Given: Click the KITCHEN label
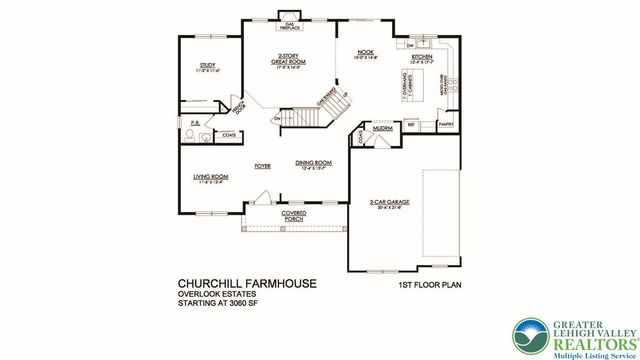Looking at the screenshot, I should click(x=423, y=59).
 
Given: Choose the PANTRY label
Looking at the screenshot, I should click(x=446, y=124).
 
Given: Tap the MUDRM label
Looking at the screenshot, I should click(x=383, y=129).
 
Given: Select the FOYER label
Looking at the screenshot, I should click(x=263, y=167).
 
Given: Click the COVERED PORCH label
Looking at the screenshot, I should click(x=293, y=216).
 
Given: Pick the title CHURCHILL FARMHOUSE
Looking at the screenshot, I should click(x=247, y=284).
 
